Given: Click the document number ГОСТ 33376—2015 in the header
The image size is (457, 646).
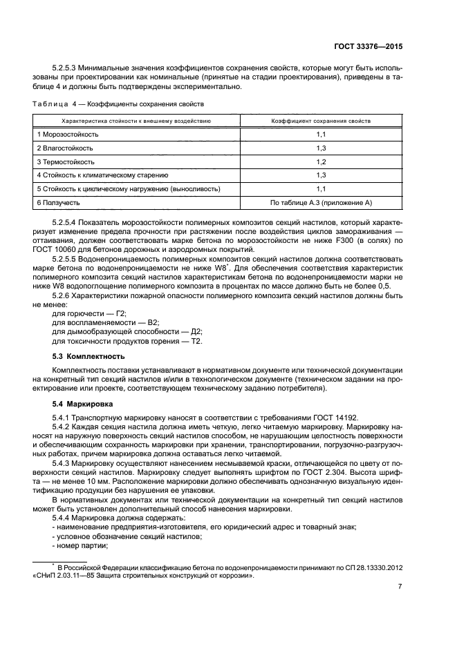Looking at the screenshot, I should click(x=366, y=47).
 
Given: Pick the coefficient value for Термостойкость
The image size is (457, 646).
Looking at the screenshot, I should click(x=321, y=161).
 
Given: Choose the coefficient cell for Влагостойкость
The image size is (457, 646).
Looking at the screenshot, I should click(x=321, y=148).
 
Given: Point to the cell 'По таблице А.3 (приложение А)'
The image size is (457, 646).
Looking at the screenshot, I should click(x=321, y=202).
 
